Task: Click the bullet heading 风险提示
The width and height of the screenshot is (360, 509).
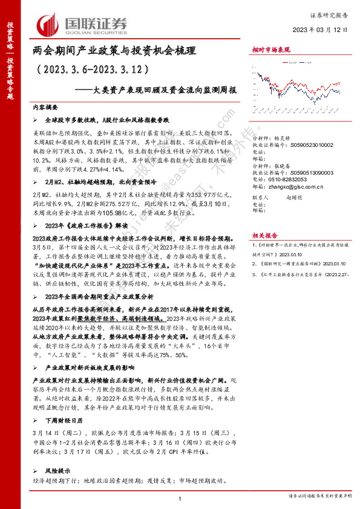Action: [57, 470]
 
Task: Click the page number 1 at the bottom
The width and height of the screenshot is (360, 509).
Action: [180, 498]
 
